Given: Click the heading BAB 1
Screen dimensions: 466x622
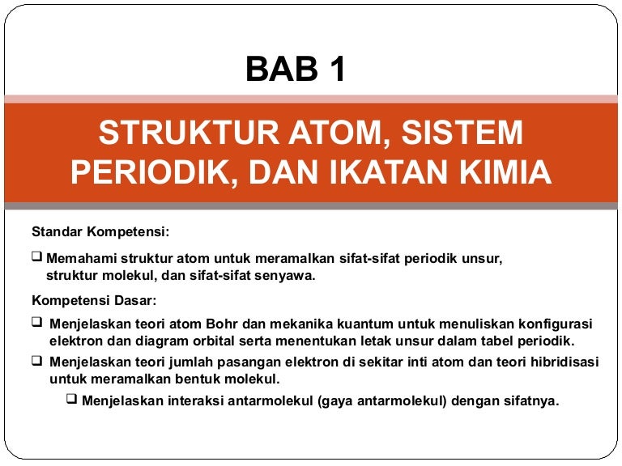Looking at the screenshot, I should click(296, 70).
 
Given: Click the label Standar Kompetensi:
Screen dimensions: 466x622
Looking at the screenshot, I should click(100, 232).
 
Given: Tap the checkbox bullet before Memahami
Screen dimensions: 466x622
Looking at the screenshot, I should click(36, 257).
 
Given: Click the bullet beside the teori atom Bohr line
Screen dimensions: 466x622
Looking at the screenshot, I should click(36, 322).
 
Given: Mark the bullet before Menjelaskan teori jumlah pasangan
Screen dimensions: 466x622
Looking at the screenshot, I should click(36, 360).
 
